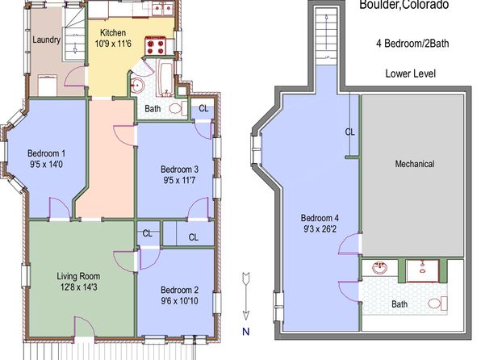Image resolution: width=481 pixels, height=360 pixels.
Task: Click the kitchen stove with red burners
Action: pos(155,46)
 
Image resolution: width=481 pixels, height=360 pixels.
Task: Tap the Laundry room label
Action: pos(46,40)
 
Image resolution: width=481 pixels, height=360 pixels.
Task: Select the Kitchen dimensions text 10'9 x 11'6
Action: pos(113,44)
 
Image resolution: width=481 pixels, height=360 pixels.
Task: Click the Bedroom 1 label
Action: pos(46,153)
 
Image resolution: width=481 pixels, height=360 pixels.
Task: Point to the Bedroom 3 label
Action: pos(179,170)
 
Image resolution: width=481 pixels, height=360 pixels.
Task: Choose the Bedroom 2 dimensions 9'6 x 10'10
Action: pos(179,301)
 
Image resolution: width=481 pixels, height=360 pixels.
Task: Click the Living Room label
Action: pos(78,276)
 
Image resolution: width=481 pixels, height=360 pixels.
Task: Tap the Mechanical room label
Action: pos(415,164)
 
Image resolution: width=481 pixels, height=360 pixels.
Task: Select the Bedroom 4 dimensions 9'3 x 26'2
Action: pos(320,229)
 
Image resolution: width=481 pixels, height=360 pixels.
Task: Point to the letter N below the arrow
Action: pos(246,332)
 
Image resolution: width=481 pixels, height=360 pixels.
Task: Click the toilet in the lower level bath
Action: pos(437,303)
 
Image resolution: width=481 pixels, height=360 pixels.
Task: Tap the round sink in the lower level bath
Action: pos(380,268)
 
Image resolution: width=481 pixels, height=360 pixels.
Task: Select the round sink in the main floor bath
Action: pos(137,85)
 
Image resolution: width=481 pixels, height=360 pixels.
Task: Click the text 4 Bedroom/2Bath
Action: pos(412,44)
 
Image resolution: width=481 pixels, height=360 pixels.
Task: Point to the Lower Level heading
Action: pos(411,73)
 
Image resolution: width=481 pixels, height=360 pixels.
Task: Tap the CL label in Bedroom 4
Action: pos(350,132)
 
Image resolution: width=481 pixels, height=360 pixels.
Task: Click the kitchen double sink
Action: pos(163,9)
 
